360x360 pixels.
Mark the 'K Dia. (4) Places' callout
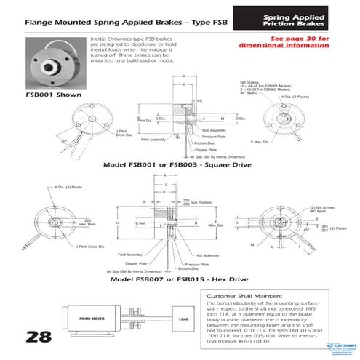pos(68,188)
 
